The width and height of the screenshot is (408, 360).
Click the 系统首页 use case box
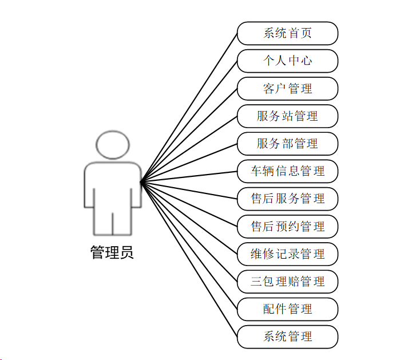click(287, 33)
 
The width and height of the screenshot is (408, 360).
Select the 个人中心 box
click(287, 61)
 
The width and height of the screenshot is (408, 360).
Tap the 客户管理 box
click(287, 89)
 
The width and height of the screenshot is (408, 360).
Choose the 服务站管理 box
click(287, 116)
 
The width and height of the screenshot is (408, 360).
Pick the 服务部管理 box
click(287, 144)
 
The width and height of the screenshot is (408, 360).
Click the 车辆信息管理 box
click(287, 171)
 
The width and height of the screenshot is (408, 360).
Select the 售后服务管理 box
click(287, 199)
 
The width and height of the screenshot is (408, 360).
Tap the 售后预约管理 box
click(287, 226)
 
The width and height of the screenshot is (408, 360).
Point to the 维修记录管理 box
click(287, 254)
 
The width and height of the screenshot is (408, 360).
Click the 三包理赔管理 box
click(287, 281)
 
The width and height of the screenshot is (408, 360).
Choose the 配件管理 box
click(287, 309)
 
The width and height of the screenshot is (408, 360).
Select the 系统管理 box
click(287, 337)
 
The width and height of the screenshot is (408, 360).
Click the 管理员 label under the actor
click(112, 252)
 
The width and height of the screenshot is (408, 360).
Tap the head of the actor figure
click(112, 145)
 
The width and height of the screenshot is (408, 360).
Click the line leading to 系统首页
click(189, 108)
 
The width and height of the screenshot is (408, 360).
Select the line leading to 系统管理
click(189, 259)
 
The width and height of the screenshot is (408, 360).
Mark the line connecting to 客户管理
click(189, 136)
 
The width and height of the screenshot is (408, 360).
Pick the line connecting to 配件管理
click(189, 246)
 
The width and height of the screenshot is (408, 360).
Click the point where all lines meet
click(141, 183)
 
